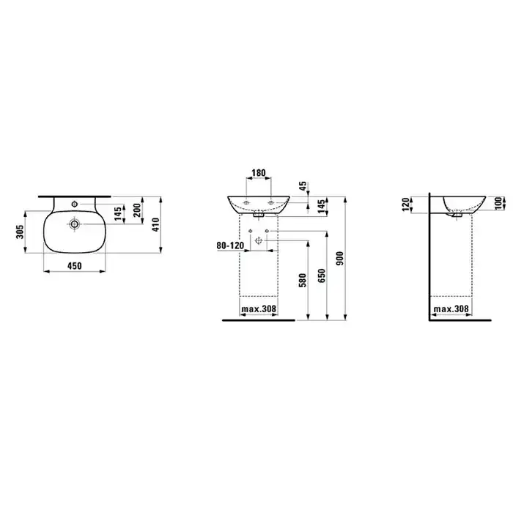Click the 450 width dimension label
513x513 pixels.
click(x=75, y=266)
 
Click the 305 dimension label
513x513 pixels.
click(x=21, y=232)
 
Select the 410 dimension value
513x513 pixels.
click(x=155, y=225)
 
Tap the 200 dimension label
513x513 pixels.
click(x=137, y=210)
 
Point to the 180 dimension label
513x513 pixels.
click(x=259, y=172)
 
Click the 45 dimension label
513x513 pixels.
click(x=303, y=186)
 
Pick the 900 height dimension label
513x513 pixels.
click(x=340, y=258)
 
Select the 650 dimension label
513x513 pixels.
click(x=322, y=276)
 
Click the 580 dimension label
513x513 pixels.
click(x=303, y=281)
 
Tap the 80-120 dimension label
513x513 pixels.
click(x=230, y=246)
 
